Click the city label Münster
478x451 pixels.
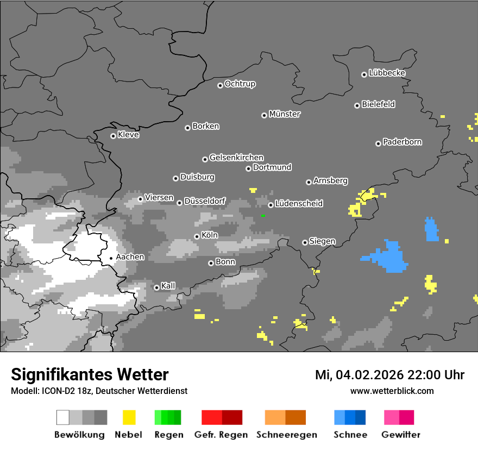[285, 114]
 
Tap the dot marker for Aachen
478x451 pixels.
[111, 258]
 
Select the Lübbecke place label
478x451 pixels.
[387, 73]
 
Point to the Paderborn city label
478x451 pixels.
[402, 142]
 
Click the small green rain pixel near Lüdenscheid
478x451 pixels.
[263, 216]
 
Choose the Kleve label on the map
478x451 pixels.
[128, 135]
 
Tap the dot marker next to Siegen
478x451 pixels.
[305, 242]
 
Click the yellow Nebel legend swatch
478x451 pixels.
[129, 417]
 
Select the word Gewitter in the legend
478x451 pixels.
[401, 435]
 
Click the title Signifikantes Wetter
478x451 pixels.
[90, 374]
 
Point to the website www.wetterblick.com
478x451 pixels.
[392, 391]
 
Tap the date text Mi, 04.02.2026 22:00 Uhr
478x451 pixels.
[389, 375]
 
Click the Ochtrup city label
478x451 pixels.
[240, 84]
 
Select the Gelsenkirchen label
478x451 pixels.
[236, 158]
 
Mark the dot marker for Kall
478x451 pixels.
[156, 287]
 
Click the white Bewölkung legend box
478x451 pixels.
[63, 417]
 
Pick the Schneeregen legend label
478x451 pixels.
[286, 435]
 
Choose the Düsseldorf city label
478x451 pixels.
[205, 201]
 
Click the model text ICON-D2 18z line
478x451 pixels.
[99, 391]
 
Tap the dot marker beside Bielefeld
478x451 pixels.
[357, 105]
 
